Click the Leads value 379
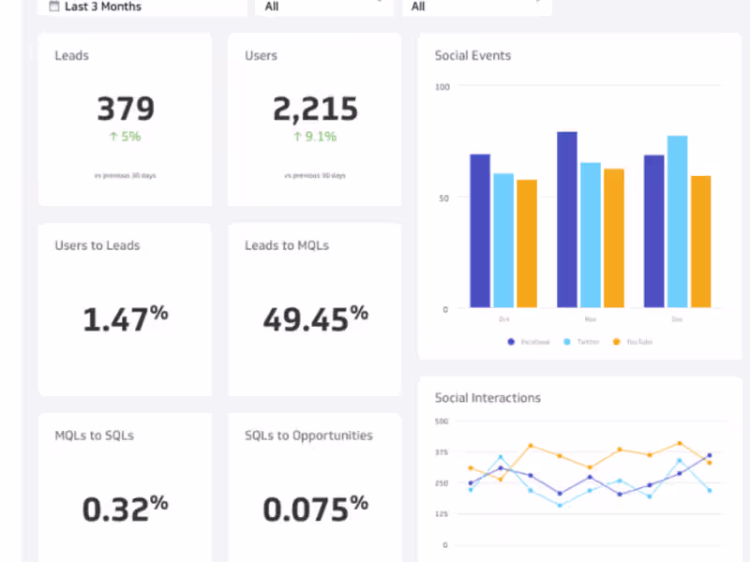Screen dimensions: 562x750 (126, 109)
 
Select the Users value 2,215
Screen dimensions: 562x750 (315, 109)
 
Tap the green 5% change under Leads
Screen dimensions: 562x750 (125, 137)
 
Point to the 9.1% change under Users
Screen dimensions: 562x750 (314, 137)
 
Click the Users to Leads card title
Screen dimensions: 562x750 (97, 245)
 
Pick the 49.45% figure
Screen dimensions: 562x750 (315, 319)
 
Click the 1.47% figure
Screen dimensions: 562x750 (125, 319)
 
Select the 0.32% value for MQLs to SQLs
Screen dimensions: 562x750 (125, 509)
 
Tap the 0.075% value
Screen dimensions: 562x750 (315, 509)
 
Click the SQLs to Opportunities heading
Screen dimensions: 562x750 (308, 436)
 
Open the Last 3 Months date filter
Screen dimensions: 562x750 (103, 7)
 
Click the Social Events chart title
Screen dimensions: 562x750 (472, 55)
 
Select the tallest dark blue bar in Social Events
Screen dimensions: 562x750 (567, 219)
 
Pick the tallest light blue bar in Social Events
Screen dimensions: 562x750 (677, 221)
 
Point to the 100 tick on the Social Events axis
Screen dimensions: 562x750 (442, 87)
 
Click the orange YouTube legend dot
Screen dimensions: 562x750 (616, 342)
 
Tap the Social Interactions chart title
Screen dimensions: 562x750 (487, 398)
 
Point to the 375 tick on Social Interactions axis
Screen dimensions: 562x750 (441, 451)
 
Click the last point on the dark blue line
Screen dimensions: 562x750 (709, 455)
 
